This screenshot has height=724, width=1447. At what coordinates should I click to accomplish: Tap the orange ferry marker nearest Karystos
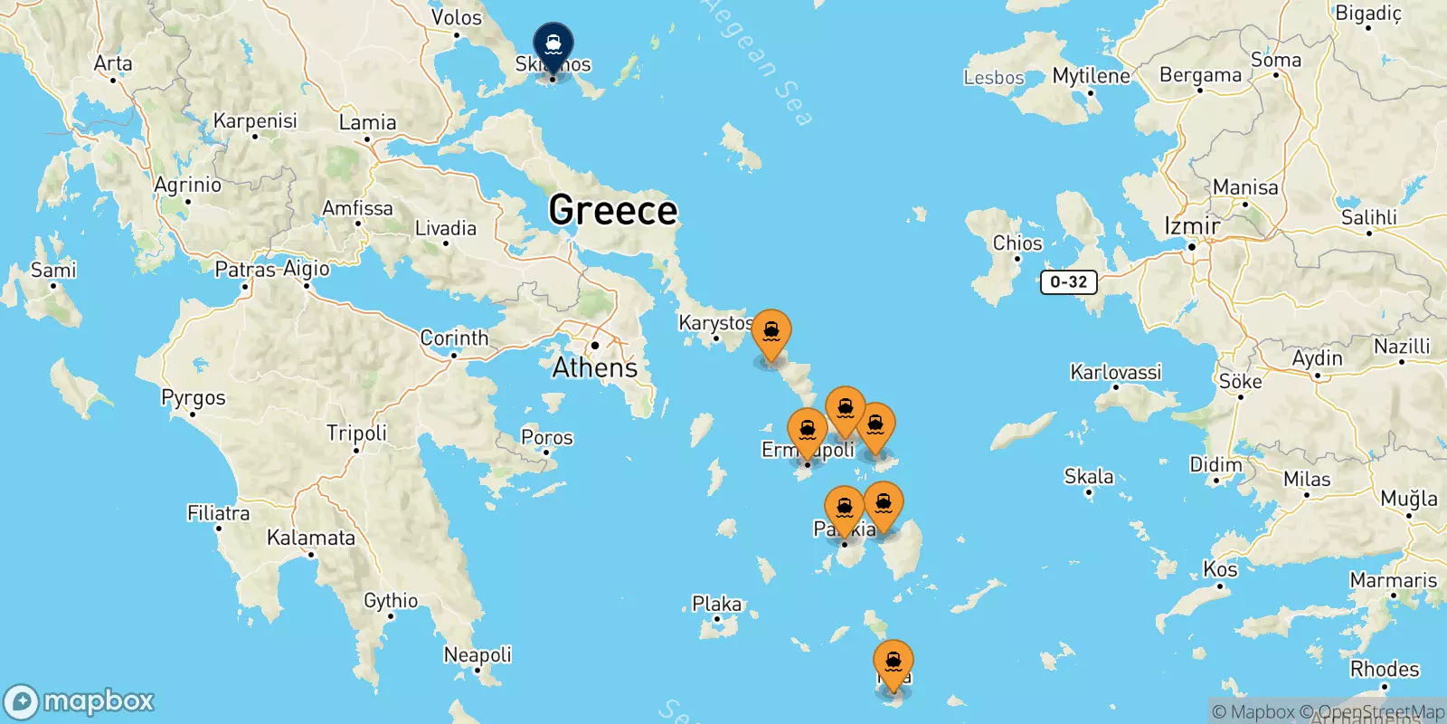(771, 333)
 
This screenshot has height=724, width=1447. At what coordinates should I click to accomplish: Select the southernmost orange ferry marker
(893, 663)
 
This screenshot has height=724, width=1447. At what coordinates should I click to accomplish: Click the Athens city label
(594, 367)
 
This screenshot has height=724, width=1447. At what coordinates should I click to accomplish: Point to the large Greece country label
(612, 210)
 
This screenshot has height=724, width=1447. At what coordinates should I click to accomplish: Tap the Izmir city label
(1192, 226)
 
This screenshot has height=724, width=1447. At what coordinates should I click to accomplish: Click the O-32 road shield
(1068, 281)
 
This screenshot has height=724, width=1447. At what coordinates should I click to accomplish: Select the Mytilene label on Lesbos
(1091, 76)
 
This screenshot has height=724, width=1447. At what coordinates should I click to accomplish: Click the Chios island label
(1017, 243)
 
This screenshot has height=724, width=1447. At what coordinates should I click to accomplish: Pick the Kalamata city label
(310, 538)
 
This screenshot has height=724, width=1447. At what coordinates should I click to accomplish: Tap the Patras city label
(244, 270)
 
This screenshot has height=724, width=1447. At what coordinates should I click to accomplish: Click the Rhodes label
(1384, 670)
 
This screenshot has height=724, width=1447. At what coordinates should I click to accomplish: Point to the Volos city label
(456, 17)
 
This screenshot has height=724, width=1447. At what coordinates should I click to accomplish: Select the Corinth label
(454, 338)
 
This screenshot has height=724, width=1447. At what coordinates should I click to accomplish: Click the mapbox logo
(80, 701)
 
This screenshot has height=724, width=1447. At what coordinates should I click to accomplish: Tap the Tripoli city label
(356, 433)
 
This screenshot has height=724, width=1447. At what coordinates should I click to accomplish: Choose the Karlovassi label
(1115, 372)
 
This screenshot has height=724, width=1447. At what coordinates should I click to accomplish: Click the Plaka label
(716, 604)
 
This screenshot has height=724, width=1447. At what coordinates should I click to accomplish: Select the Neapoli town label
(478, 654)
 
